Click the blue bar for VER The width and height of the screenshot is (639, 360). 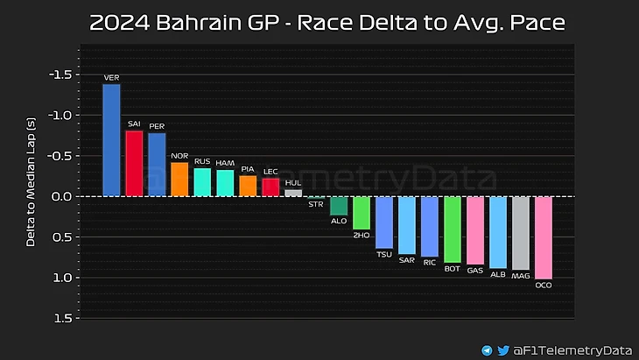(111, 139)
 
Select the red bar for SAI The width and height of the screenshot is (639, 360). (134, 163)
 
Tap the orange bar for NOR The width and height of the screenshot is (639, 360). (179, 179)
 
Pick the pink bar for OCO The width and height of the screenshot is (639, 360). (544, 237)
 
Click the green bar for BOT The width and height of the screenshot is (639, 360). (453, 229)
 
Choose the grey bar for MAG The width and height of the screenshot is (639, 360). (521, 233)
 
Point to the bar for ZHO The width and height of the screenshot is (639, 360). (362, 213)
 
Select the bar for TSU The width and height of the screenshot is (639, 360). (384, 222)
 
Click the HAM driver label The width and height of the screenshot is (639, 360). (225, 162)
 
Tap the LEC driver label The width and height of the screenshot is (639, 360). (270, 171)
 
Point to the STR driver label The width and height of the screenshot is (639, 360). (316, 204)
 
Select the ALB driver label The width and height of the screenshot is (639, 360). (498, 274)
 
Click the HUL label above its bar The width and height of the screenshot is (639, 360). (293, 182)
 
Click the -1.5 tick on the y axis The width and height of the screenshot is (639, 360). (60, 75)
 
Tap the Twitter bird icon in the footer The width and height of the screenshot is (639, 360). (502, 349)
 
